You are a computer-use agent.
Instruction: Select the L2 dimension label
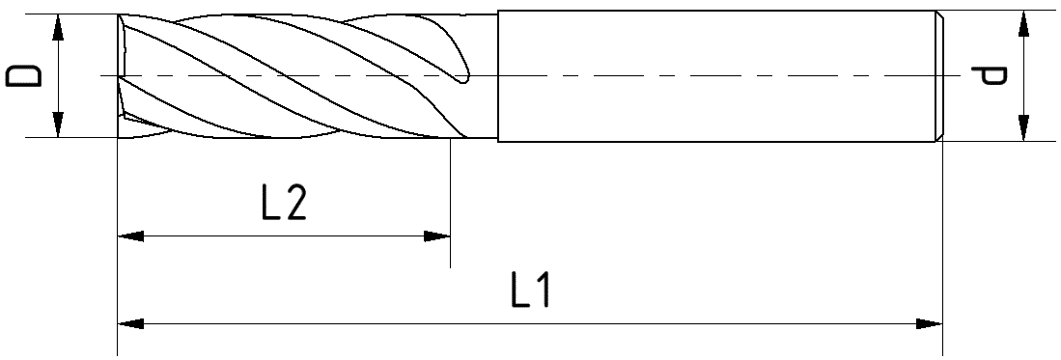[283, 204]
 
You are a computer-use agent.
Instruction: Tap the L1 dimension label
[530, 292]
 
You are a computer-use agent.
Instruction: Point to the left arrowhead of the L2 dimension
[129, 235]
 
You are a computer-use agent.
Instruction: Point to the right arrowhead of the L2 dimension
[438, 235]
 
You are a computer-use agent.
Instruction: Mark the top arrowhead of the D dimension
[59, 26]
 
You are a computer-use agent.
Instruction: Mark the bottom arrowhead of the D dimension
[59, 125]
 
